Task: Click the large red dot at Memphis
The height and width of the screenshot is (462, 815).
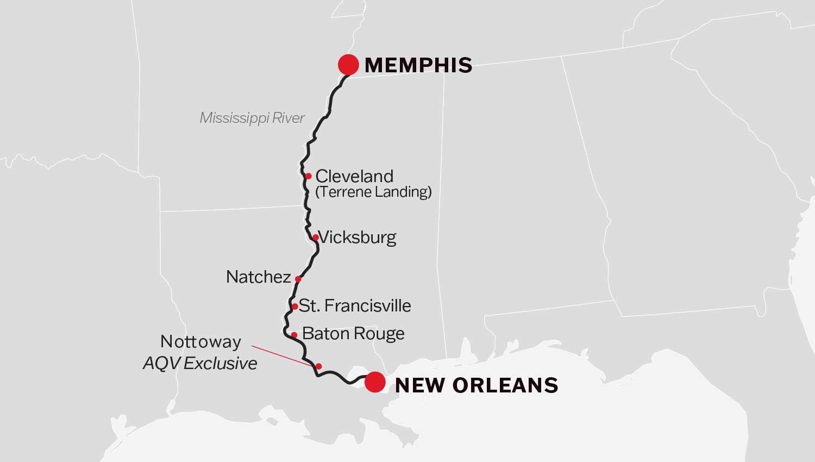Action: (x=348, y=64)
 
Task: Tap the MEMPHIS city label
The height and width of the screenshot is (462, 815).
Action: (x=418, y=65)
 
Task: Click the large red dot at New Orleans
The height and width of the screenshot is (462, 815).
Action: (x=374, y=382)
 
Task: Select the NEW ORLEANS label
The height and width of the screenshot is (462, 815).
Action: (x=476, y=385)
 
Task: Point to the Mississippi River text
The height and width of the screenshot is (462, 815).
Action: (x=252, y=118)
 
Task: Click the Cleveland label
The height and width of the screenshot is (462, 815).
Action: (x=354, y=176)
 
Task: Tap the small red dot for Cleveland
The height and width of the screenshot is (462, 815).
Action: (x=308, y=176)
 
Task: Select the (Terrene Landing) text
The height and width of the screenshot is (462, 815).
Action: (x=373, y=192)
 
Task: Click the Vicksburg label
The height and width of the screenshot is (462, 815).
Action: (x=357, y=238)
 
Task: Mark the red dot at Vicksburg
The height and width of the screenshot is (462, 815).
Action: (x=315, y=238)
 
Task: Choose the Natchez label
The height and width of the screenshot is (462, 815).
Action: (x=258, y=277)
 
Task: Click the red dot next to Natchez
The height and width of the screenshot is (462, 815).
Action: (x=298, y=279)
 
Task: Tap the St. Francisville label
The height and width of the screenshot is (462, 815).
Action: (x=355, y=305)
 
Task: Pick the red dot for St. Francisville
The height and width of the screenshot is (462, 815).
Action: (x=294, y=307)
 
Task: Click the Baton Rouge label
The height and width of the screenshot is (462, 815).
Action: (x=353, y=333)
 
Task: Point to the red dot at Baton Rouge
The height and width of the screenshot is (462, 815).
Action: (x=293, y=335)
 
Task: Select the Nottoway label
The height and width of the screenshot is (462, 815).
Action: (x=200, y=342)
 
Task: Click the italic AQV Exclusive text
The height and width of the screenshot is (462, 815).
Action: (x=200, y=363)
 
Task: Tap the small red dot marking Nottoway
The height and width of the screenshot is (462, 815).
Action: (x=319, y=366)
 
